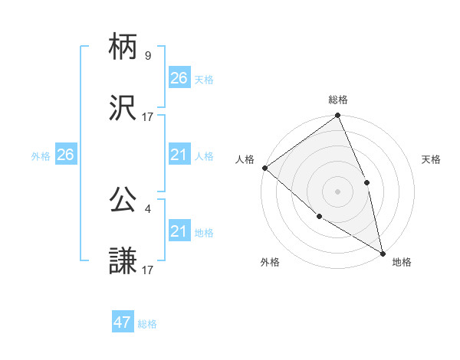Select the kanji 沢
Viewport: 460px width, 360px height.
123,110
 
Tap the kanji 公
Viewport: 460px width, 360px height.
123,201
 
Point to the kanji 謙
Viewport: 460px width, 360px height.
123,261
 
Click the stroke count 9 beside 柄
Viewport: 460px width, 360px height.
148,56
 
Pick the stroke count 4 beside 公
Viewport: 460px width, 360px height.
148,208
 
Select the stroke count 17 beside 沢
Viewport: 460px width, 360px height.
148,116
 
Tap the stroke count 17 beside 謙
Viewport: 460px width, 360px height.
148,269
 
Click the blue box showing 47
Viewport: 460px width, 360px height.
123,322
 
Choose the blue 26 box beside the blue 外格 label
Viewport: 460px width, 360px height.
65,155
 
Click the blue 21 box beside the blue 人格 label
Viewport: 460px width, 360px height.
179,155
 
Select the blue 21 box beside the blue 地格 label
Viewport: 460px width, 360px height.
179,231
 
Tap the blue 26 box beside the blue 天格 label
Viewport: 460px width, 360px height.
179,77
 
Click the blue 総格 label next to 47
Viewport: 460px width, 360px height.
147,324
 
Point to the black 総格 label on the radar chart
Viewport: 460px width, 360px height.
338,100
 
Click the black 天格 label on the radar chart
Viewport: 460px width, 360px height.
432,159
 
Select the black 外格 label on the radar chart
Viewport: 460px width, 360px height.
270,262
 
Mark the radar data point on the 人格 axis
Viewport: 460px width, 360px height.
264,168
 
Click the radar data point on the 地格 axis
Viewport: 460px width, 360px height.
383,252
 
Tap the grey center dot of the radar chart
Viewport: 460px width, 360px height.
337,191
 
